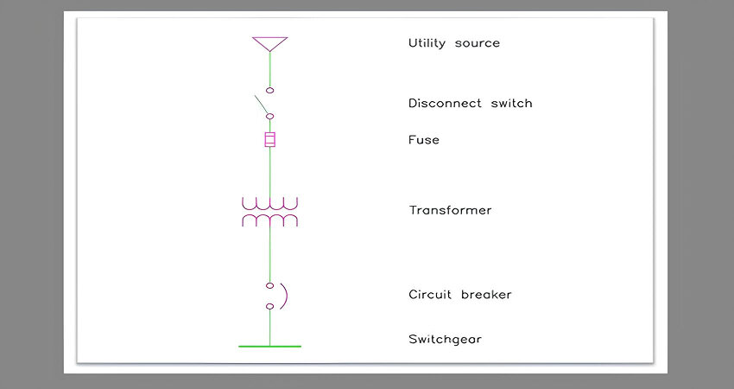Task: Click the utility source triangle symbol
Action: tap(269, 38)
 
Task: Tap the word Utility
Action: tap(427, 43)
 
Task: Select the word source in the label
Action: tap(477, 44)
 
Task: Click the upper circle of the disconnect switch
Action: tap(269, 91)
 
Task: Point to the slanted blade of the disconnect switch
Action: tap(261, 105)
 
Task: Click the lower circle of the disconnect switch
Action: tap(269, 116)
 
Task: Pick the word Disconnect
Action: tap(445, 103)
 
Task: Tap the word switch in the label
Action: tap(512, 103)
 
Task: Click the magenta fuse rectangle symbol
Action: tap(269, 140)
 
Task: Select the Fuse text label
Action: tap(424, 140)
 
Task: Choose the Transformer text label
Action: tap(450, 210)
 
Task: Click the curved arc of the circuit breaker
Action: tap(286, 297)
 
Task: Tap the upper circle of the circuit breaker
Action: tap(269, 285)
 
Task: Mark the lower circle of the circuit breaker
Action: tap(269, 307)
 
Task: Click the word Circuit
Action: tap(430, 294)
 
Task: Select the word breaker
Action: tap(486, 294)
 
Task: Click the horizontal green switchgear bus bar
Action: tap(269, 347)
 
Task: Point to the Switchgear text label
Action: tap(445, 340)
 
